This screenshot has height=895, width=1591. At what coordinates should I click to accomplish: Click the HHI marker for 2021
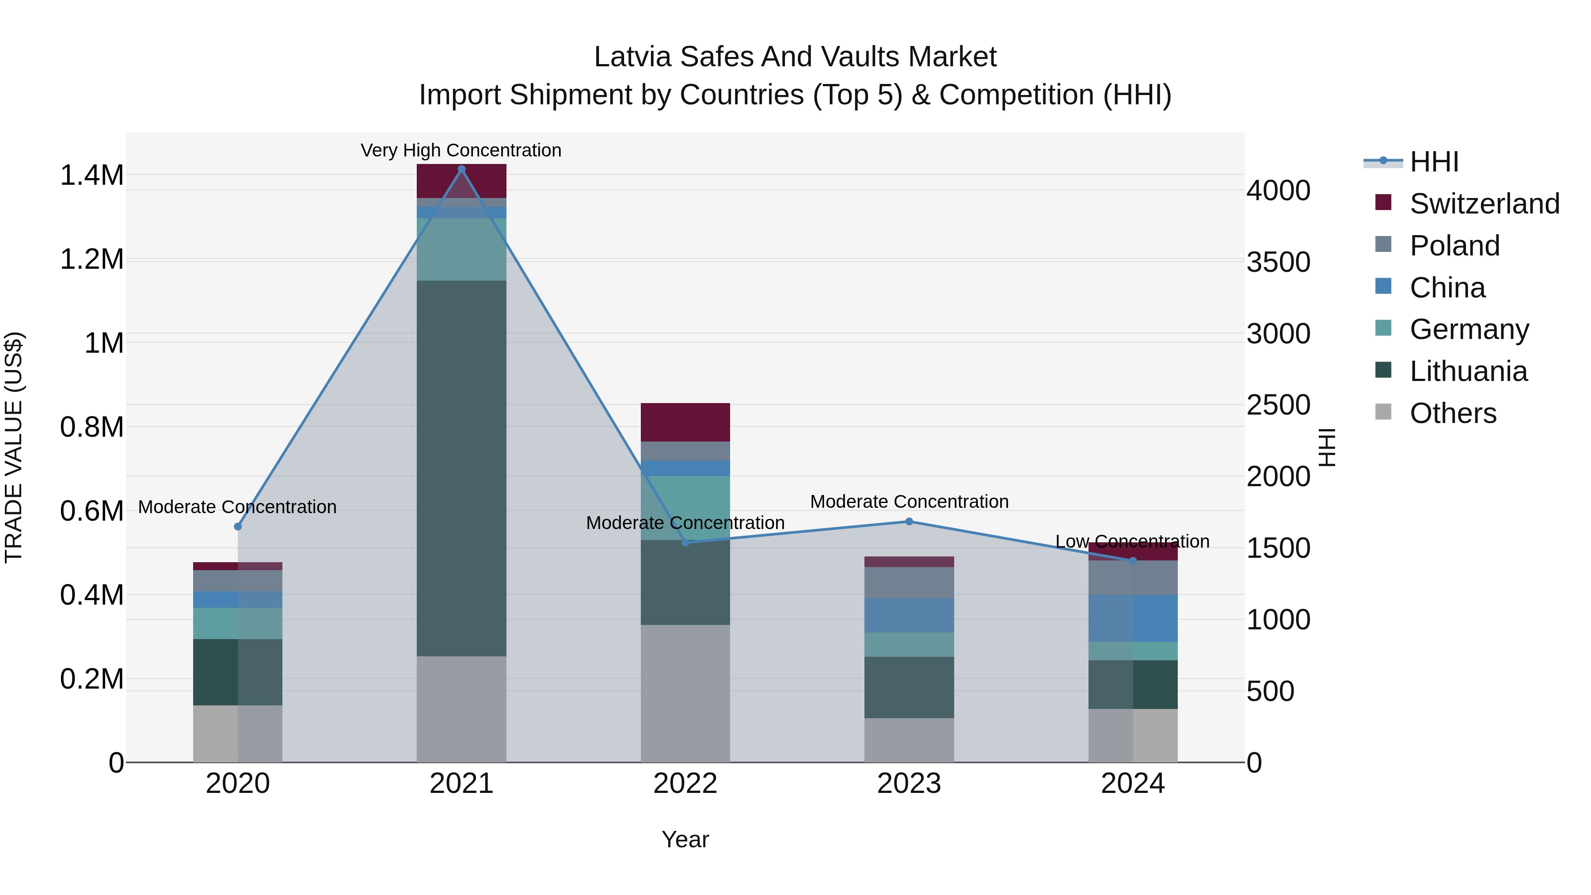click(x=461, y=169)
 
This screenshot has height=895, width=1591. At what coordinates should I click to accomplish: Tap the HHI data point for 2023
click(x=909, y=522)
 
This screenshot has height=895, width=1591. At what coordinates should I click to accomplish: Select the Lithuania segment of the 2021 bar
click(x=461, y=468)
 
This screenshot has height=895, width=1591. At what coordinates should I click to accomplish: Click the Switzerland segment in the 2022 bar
click(x=685, y=422)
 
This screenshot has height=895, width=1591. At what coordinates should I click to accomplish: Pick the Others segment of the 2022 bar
click(x=685, y=693)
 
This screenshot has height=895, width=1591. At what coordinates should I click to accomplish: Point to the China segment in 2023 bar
click(x=909, y=615)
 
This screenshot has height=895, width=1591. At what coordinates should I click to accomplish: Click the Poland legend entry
click(x=1454, y=245)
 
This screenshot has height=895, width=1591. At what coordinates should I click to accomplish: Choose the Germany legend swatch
click(x=1383, y=328)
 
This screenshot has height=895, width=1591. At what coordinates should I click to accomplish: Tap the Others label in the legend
click(x=1453, y=413)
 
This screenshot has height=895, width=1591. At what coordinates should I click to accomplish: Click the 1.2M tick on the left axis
click(x=91, y=259)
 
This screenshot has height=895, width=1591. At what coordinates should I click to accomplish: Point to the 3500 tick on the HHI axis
click(x=1278, y=262)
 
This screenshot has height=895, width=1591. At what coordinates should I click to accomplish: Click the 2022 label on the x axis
click(x=685, y=784)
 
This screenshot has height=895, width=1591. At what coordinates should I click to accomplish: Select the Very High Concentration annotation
click(x=461, y=150)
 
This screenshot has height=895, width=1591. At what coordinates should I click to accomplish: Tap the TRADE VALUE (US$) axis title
click(x=14, y=447)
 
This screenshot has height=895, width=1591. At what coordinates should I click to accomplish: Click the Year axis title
click(x=685, y=839)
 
